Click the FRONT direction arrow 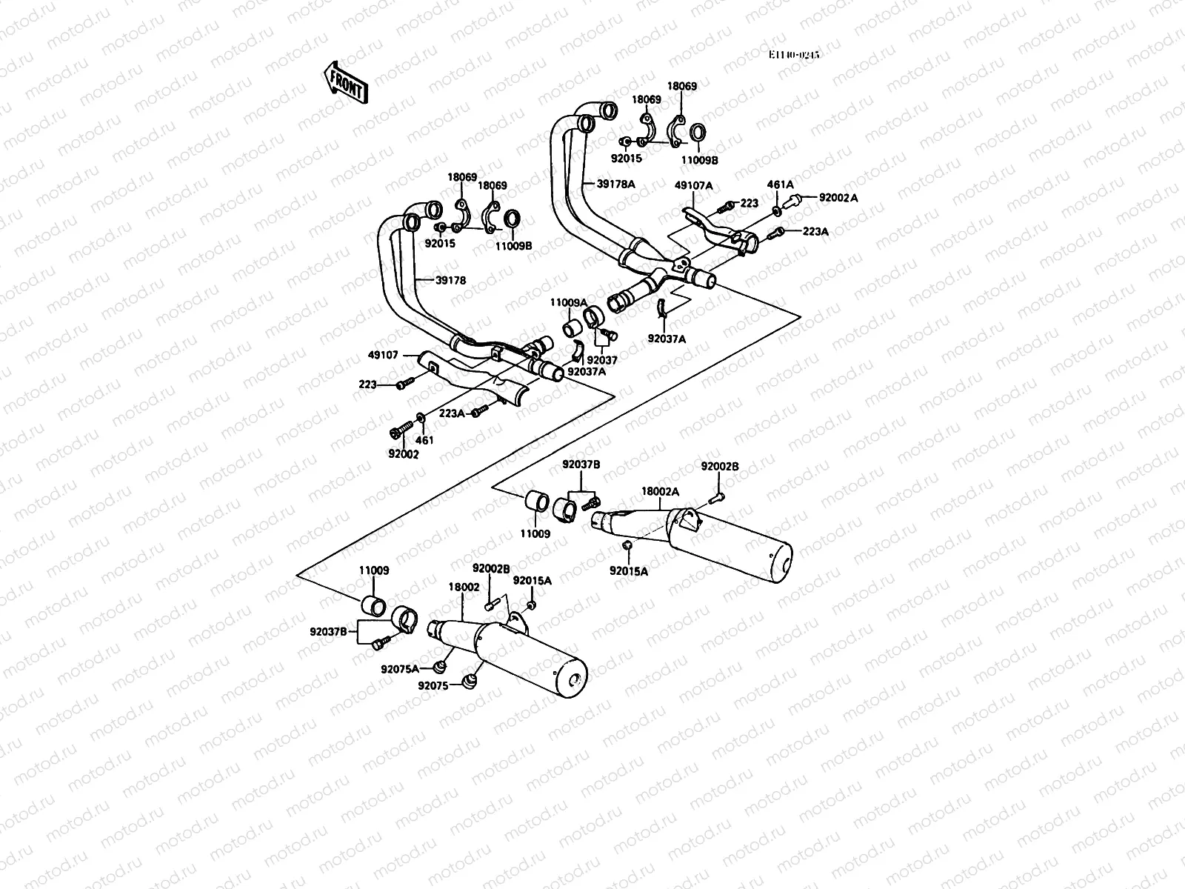point(345,81)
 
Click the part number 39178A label point(616,183)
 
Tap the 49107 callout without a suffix point(384,356)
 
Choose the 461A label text point(780,185)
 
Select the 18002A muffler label point(659,490)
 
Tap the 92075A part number point(400,669)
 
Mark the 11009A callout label point(568,302)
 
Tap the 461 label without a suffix point(424,440)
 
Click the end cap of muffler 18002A point(779,560)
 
